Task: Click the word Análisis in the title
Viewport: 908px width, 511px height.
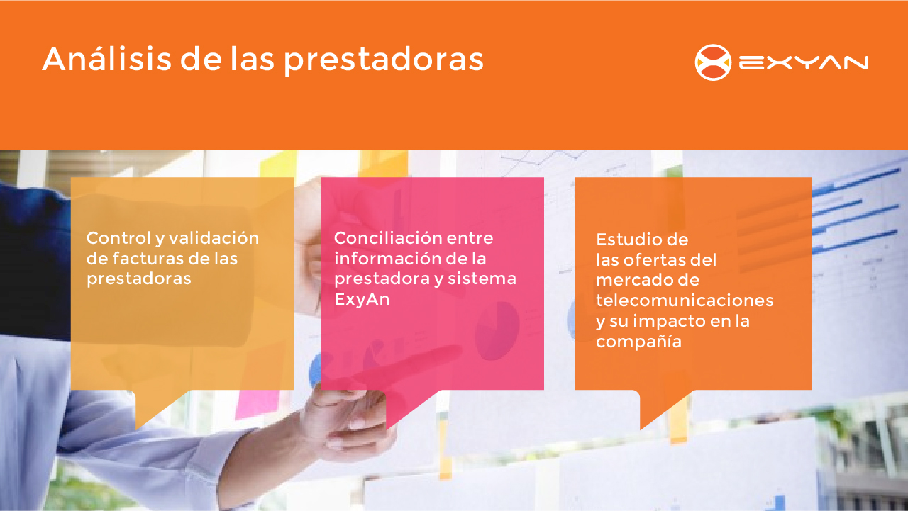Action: coord(107,59)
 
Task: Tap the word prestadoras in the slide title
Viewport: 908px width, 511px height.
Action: coord(384,61)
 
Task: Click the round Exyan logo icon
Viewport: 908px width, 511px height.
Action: coord(713,62)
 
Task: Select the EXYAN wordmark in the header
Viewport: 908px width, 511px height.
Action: coord(804,63)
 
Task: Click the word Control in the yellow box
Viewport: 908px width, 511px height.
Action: coord(118,237)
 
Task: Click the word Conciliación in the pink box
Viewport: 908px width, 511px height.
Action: coord(387,237)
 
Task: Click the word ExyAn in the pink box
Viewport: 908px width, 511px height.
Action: coord(362,299)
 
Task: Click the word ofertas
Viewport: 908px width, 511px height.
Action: coord(653,260)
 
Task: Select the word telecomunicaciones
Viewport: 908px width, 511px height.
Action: coord(685,301)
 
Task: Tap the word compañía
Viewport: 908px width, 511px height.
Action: coord(638,342)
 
